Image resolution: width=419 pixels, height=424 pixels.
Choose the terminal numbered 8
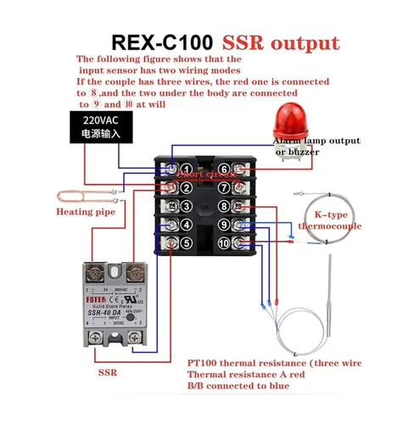click(224, 206)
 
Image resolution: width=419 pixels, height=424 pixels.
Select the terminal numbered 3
click(186, 206)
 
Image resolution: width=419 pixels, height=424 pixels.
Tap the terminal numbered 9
click(224, 225)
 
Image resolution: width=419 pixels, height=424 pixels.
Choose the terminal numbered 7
click(224, 187)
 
